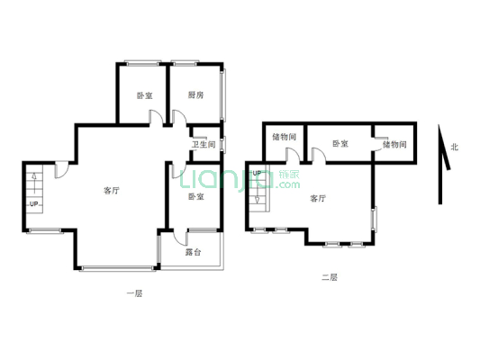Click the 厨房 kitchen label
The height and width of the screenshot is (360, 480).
[x=195, y=94]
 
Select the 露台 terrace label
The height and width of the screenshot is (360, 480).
[x=193, y=252]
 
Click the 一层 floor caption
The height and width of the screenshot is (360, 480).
[x=133, y=293]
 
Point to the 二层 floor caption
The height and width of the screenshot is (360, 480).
[x=328, y=278]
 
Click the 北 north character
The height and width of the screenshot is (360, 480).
[x=454, y=147]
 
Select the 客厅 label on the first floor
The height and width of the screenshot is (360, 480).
[x=112, y=190]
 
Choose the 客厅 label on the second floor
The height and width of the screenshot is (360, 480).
[x=318, y=198]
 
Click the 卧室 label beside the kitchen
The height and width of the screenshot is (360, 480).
[x=144, y=94]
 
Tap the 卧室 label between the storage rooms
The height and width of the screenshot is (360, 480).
[x=340, y=143]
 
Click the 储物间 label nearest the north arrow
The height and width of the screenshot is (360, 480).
[x=394, y=143]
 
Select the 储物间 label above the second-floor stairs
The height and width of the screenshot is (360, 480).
[x=284, y=137]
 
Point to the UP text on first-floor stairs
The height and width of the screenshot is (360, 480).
[x=34, y=204]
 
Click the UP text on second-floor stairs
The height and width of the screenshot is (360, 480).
[x=256, y=173]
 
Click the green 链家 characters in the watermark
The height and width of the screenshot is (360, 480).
[x=289, y=173]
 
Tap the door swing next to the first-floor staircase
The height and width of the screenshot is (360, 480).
[x=60, y=169]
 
